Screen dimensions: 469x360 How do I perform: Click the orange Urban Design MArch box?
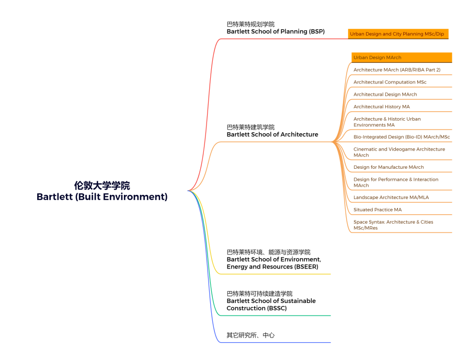click(402, 57)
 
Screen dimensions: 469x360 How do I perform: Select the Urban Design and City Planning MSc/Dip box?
click(398, 34)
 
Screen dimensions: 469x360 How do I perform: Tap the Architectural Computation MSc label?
click(390, 82)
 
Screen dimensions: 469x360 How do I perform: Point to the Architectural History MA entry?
click(381, 107)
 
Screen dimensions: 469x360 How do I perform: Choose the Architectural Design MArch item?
click(385, 94)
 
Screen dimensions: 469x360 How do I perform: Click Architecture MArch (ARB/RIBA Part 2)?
click(397, 69)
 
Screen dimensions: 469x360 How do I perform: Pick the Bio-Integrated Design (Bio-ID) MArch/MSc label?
click(402, 137)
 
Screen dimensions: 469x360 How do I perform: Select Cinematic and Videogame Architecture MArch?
click(399, 152)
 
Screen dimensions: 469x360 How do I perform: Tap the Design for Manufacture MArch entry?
click(388, 167)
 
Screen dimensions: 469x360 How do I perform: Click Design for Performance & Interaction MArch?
click(396, 182)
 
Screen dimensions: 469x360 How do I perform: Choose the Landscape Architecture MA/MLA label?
click(391, 198)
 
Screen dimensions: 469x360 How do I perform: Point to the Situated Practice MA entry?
click(378, 210)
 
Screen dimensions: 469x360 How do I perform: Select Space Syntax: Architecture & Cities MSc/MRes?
click(393, 225)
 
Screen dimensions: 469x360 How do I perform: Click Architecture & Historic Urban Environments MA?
click(387, 122)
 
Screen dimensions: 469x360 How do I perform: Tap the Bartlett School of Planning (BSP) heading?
click(276, 31)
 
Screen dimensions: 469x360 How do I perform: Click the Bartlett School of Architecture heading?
click(272, 134)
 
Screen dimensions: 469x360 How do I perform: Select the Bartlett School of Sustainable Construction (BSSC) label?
click(271, 305)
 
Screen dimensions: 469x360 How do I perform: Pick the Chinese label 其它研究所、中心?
click(250, 335)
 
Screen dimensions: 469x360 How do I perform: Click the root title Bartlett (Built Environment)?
click(102, 197)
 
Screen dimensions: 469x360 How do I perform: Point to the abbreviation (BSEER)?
click(306, 266)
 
